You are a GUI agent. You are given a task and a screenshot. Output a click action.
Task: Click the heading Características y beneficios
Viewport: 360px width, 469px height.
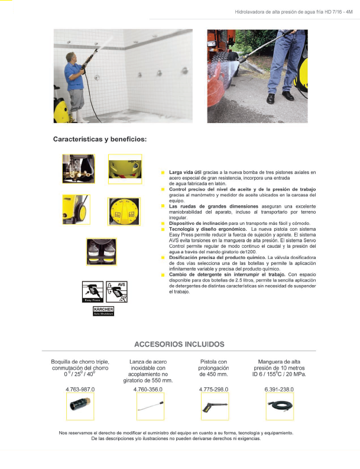99,140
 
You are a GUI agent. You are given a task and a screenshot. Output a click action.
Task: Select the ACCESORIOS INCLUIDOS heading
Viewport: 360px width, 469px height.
179,344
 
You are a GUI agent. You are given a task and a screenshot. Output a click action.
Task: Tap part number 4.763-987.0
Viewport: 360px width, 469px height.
80,389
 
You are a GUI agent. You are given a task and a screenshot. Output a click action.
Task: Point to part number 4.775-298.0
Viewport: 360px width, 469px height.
214,389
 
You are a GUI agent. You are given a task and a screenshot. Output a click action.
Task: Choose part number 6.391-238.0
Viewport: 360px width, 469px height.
279,389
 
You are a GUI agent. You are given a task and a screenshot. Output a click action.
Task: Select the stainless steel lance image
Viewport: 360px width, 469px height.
149,407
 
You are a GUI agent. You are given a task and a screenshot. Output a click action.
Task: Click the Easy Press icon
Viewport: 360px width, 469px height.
92,292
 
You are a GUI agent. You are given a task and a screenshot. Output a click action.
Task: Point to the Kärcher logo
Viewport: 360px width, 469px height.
102,310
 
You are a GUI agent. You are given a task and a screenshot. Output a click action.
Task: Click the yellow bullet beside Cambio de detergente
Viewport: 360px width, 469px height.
163,275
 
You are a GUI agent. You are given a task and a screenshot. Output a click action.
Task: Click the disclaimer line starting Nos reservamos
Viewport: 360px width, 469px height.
176,433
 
